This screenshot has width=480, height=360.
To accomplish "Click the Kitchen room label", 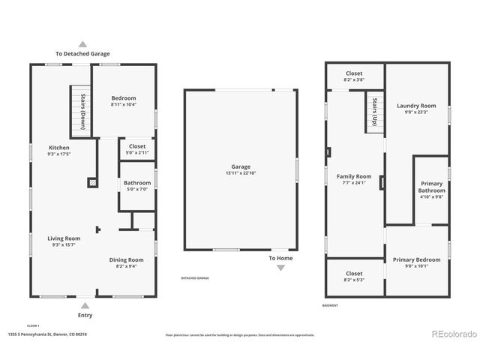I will point(59,148).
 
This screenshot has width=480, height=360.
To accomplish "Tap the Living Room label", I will point(66,238).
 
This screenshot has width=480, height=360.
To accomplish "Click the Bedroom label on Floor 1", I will point(124,99).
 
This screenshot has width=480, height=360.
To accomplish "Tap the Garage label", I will point(241,167).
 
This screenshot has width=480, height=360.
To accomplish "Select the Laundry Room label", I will point(416,106).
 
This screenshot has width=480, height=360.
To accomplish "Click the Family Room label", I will point(353,176).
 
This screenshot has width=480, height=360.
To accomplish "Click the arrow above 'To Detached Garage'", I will point(82,44).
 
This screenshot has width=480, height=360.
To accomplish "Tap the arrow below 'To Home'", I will point(280,268).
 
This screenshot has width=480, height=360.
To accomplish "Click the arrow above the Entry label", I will point(85,305).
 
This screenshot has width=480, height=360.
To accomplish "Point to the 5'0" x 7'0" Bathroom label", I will point(137,183).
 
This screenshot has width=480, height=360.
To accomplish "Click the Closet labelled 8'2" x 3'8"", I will point(354,73).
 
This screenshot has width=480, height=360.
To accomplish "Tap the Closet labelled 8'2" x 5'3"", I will point(354,274).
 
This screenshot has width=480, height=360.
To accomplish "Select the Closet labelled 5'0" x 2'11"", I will point(137,147).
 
